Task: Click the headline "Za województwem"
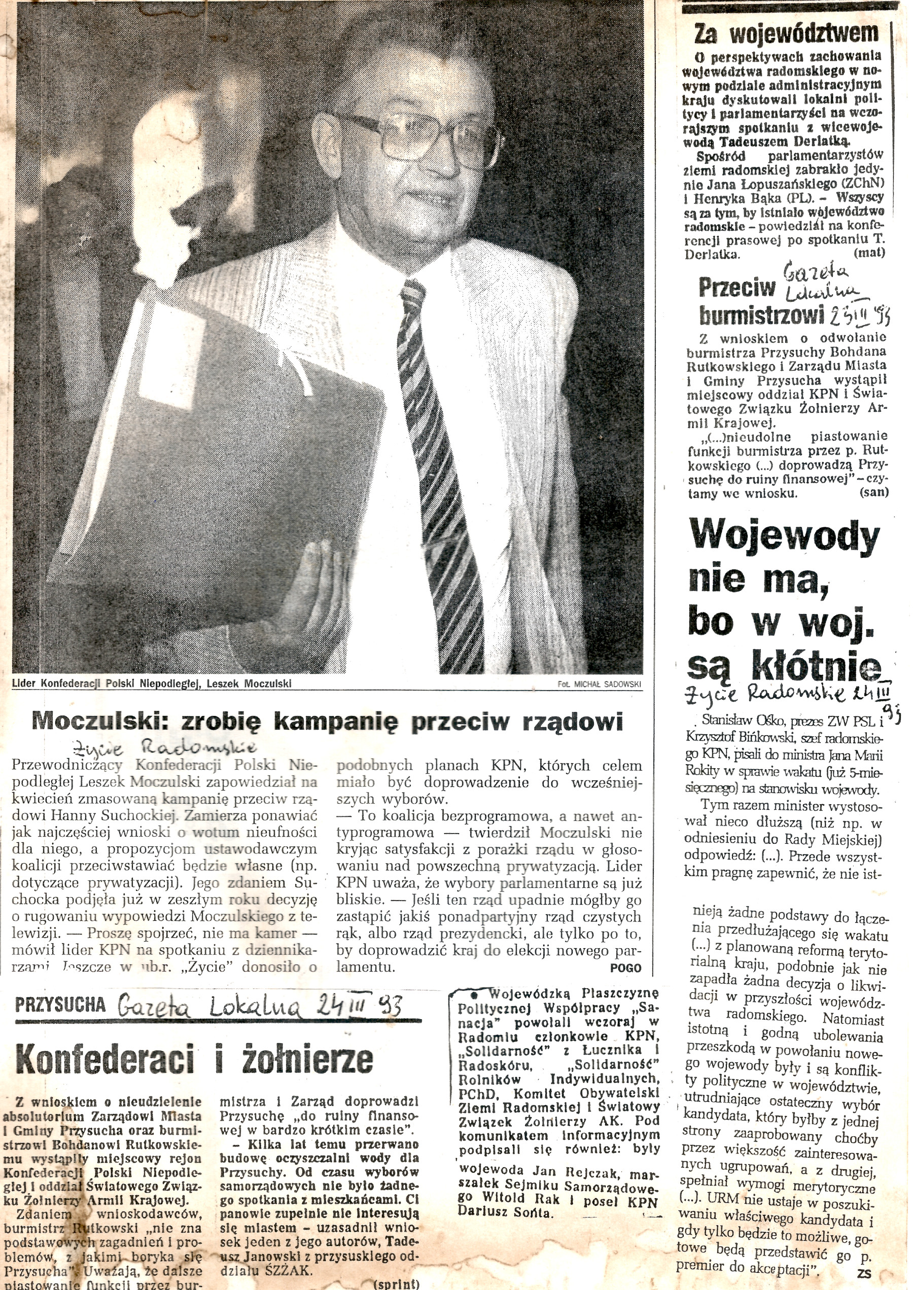(786, 34)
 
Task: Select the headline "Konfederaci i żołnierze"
(194, 1059)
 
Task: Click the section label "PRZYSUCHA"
(60, 1005)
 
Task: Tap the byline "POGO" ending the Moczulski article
(625, 968)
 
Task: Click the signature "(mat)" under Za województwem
(869, 253)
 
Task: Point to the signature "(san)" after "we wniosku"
(873, 492)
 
